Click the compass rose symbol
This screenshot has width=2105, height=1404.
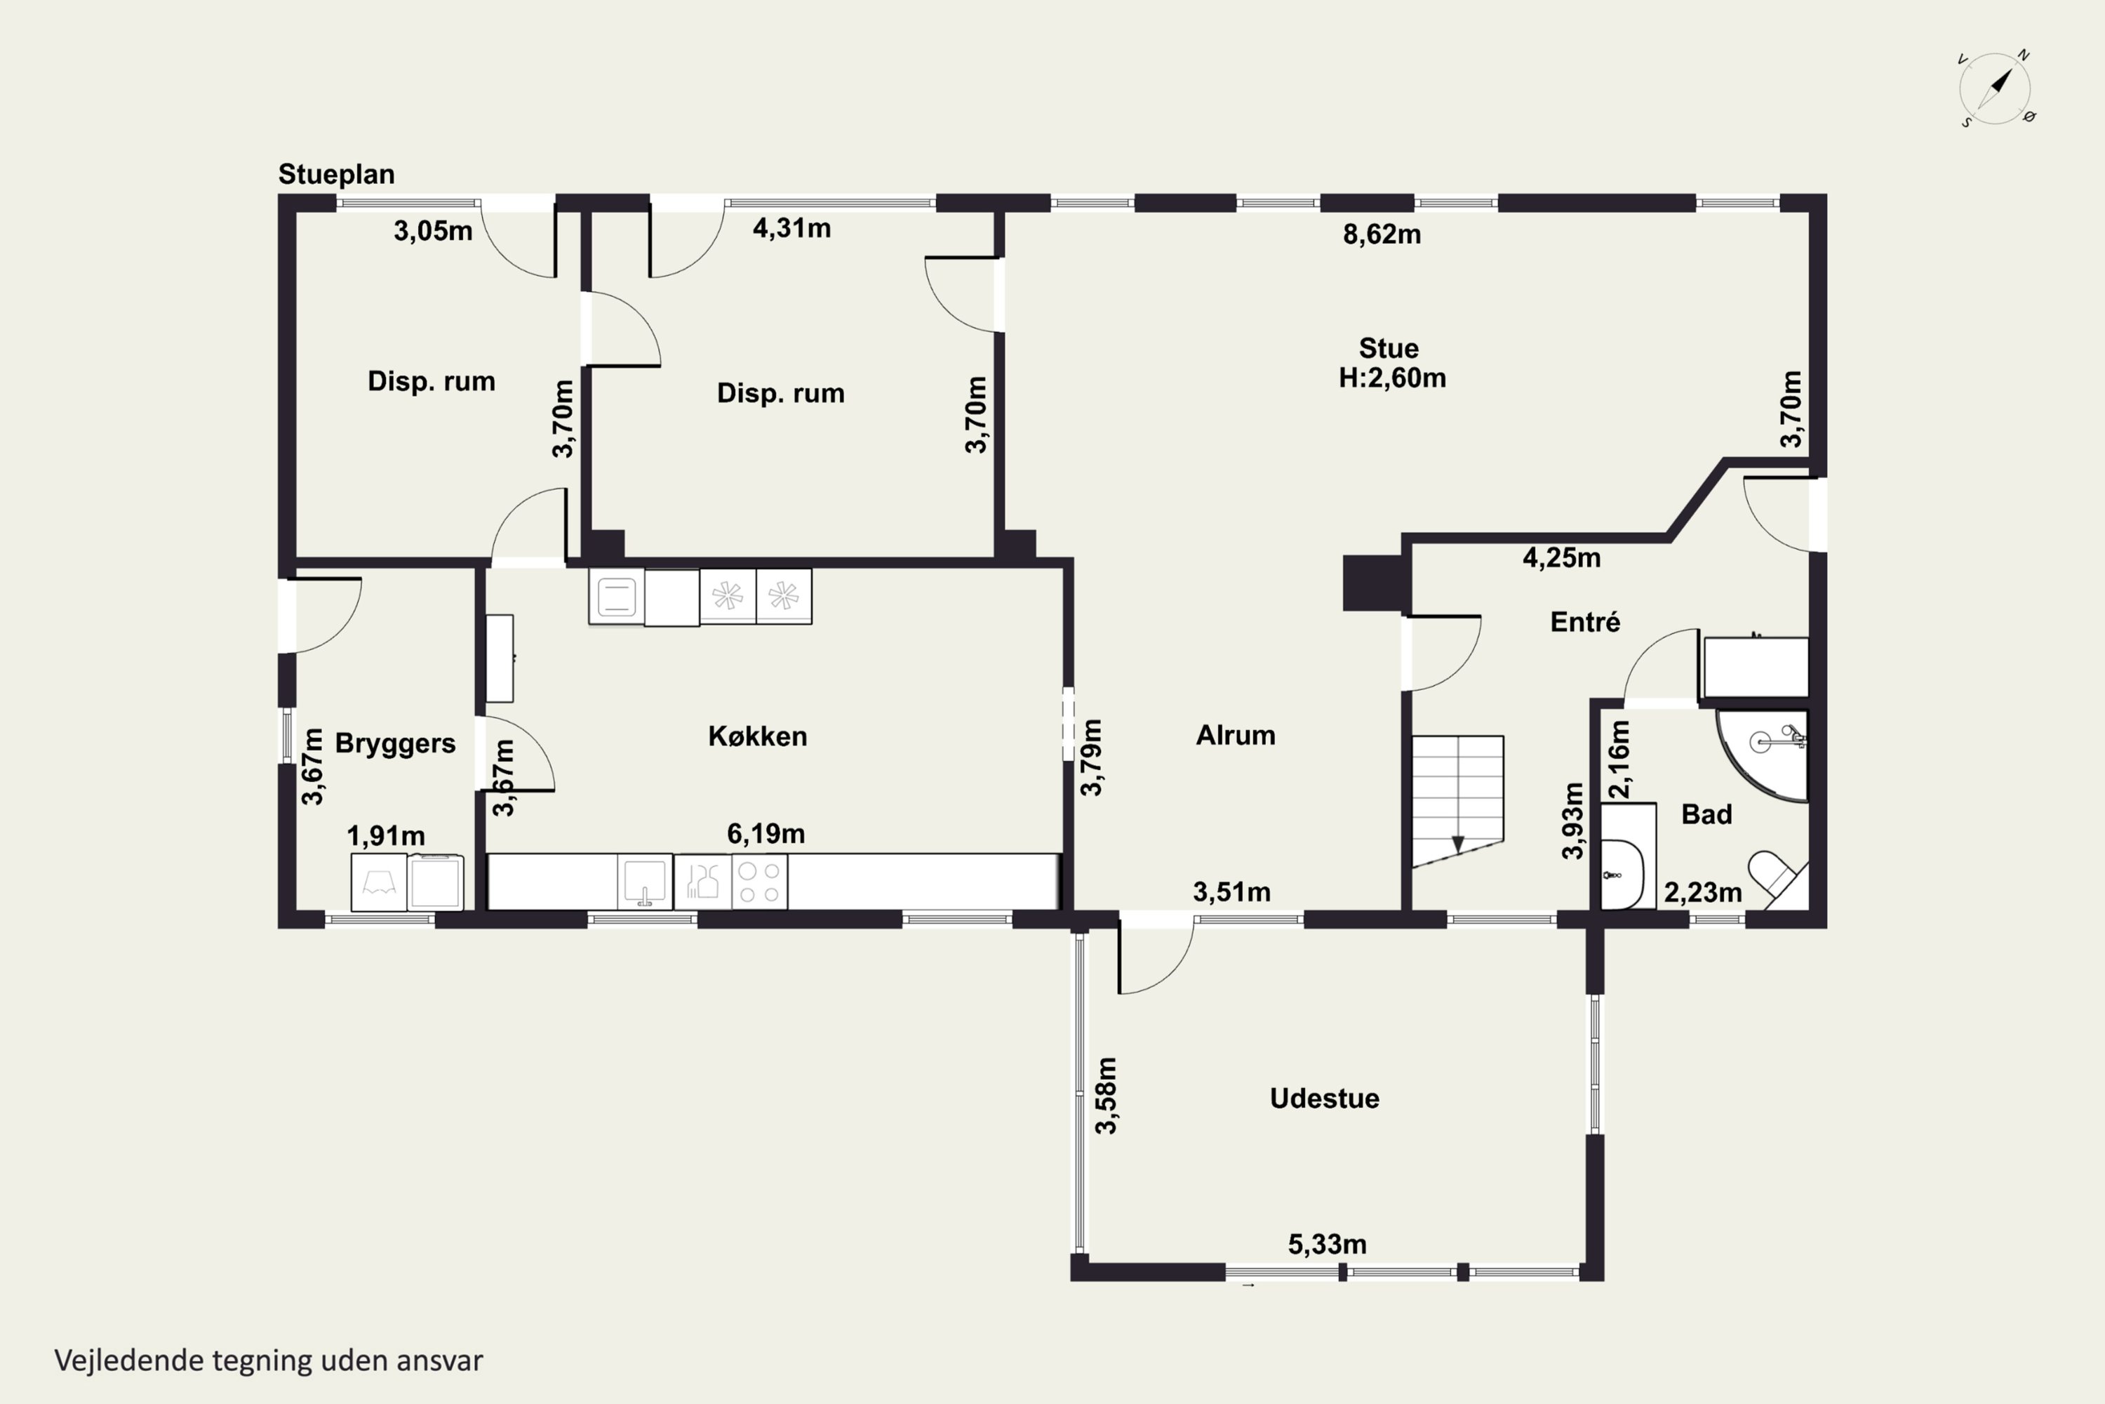click(x=1995, y=88)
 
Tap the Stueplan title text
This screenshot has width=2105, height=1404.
click(x=337, y=173)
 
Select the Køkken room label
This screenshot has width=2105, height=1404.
click(x=757, y=736)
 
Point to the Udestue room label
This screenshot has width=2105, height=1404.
click(x=1325, y=1098)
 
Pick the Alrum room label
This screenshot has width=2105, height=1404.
click(x=1236, y=735)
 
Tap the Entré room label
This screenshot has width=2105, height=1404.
click(x=1585, y=621)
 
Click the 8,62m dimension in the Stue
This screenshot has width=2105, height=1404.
click(x=1382, y=234)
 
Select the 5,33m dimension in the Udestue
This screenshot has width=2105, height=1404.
click(x=1328, y=1245)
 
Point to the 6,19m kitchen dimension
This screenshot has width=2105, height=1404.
click(x=766, y=835)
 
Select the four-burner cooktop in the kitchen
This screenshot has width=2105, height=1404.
click(x=760, y=882)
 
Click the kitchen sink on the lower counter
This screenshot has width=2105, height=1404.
click(x=644, y=882)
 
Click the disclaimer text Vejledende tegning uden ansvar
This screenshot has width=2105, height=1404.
click(x=269, y=1361)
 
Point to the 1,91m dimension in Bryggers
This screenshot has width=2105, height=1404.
click(x=386, y=836)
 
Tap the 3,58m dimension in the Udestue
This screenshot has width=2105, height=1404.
click(x=1107, y=1096)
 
